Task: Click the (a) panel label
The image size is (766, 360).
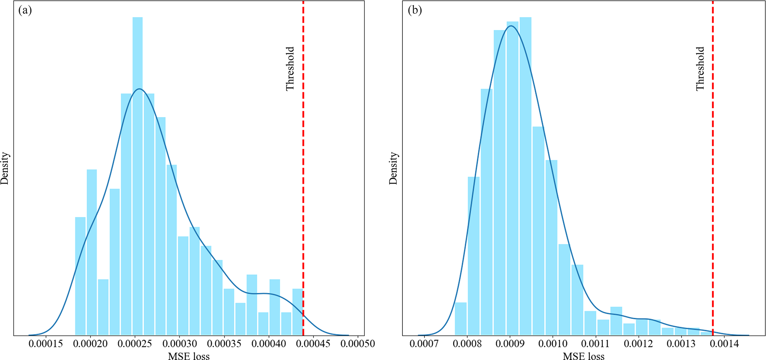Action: click(25, 10)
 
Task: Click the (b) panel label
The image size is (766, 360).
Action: click(415, 10)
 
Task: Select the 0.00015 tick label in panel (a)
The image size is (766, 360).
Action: click(46, 344)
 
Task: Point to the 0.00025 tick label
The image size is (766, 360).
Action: click(135, 344)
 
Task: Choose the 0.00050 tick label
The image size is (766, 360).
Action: click(358, 344)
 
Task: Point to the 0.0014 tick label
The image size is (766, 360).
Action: click(725, 344)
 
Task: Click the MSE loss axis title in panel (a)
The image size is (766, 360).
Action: click(189, 356)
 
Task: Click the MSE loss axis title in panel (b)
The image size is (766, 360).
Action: click(584, 356)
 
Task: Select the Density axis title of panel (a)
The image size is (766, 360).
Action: click(5, 168)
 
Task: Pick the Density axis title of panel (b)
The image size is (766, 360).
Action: click(393, 168)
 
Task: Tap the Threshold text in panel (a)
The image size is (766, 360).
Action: click(290, 69)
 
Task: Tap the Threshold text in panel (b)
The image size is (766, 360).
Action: click(700, 69)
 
